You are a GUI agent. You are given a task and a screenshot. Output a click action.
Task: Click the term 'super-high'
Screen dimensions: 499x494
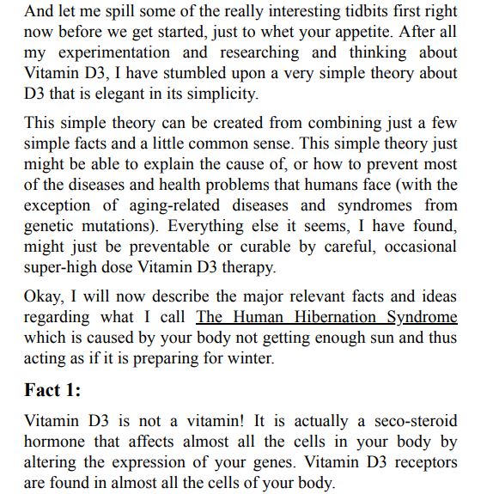coord(62,268)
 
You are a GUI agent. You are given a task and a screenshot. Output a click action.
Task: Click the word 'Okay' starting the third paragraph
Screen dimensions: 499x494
coord(44,297)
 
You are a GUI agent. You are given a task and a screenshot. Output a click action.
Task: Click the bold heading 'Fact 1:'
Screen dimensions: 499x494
coord(52,391)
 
